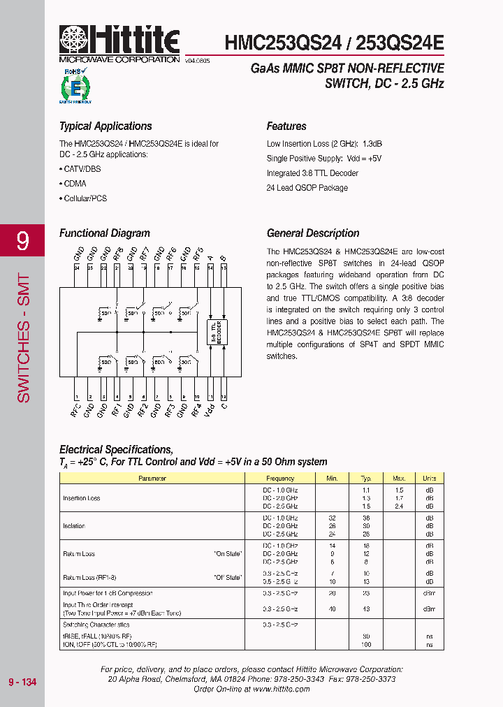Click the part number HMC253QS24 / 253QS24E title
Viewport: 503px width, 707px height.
(x=334, y=43)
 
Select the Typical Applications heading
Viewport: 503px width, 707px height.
(x=105, y=126)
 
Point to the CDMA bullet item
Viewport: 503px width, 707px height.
(x=74, y=184)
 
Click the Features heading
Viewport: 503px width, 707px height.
(x=286, y=126)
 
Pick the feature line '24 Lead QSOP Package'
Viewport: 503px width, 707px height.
(x=307, y=188)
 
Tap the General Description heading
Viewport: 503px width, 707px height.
(x=313, y=233)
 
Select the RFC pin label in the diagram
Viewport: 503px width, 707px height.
(x=75, y=409)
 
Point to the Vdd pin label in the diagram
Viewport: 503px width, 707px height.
(x=210, y=409)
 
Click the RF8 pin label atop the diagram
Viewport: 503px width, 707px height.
(x=118, y=253)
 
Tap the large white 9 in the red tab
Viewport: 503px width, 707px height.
(x=23, y=242)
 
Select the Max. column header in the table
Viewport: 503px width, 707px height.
(x=399, y=479)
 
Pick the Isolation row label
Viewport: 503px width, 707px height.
(x=74, y=526)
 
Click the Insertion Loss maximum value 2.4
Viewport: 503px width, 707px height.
(x=399, y=506)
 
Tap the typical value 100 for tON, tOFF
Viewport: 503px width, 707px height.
(x=365, y=644)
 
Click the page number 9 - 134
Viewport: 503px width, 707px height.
(x=22, y=682)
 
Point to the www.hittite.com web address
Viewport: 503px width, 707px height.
(x=282, y=689)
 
